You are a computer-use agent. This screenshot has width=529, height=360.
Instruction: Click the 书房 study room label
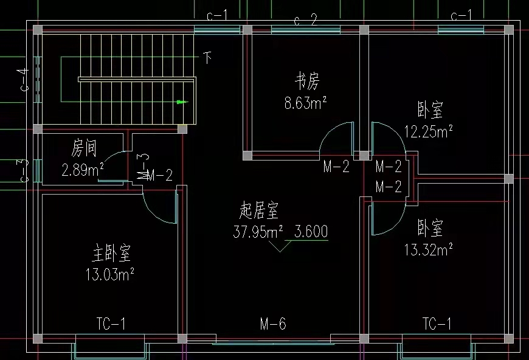[307, 80]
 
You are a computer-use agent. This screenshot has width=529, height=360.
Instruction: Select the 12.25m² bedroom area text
[429, 131]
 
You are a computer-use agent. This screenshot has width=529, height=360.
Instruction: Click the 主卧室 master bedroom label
[111, 252]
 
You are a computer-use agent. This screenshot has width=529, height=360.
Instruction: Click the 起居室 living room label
[259, 211]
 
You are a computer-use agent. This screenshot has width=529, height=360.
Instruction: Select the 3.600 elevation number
[311, 232]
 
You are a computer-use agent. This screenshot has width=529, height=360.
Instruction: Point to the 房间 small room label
[84, 148]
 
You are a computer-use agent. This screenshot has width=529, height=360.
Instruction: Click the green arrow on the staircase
[180, 102]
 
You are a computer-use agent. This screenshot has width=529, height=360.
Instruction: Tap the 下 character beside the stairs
[208, 58]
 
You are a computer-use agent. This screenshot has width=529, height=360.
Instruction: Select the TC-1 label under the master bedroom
[111, 324]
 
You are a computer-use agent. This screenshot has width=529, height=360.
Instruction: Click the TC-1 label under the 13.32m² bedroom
[437, 324]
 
